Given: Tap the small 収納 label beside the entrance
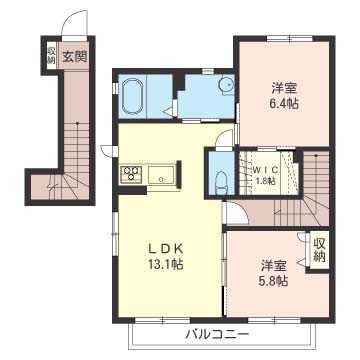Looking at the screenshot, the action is click(52, 56).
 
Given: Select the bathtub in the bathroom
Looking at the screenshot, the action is click(133, 96).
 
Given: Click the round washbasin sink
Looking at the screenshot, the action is click(225, 85).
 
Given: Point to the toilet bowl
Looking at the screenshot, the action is click(221, 182).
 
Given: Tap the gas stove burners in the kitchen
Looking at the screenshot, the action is click(130, 174).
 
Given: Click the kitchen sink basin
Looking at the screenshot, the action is click(160, 175).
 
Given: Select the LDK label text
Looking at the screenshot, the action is click(165, 249).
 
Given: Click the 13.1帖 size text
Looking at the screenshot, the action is click(165, 264).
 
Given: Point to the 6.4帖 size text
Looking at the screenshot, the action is click(284, 104).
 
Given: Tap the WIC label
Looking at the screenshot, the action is click(265, 169).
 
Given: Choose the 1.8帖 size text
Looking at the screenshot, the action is click(265, 181).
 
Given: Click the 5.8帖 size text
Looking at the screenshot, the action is click(274, 282).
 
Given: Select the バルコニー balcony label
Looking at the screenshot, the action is click(217, 334).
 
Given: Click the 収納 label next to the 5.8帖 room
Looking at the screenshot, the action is click(319, 250).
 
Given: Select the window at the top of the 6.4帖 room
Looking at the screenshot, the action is click(290, 38).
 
